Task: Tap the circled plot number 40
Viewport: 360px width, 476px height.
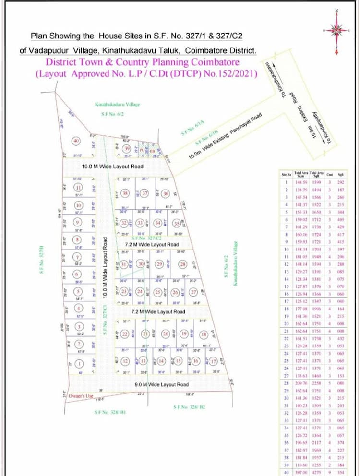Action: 76,141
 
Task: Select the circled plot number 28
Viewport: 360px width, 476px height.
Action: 182,264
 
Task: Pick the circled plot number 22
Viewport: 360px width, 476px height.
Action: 125,334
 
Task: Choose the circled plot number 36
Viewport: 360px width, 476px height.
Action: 166,193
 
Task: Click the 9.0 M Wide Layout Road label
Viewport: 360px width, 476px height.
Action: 161,384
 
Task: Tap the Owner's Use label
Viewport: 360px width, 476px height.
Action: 80,396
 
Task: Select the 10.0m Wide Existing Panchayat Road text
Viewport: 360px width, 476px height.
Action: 225,137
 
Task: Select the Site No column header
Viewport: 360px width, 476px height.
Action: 287,175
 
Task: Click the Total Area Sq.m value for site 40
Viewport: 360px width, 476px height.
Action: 301,472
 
